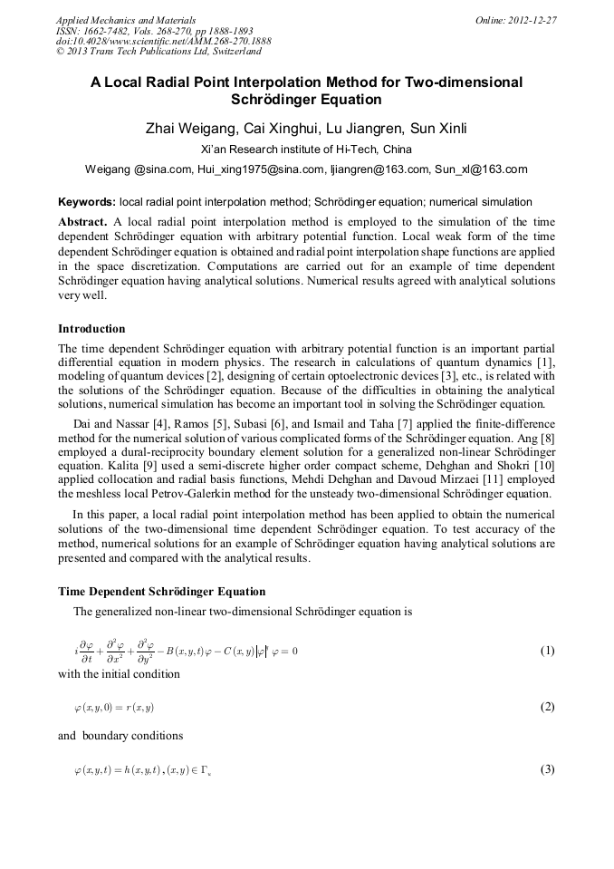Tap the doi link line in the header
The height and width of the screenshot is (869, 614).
(163, 41)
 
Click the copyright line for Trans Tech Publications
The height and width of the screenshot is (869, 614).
(158, 52)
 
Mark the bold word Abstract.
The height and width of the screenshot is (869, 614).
(82, 221)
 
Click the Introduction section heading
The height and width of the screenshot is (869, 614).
(91, 328)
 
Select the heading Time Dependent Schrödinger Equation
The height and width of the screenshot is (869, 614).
(162, 592)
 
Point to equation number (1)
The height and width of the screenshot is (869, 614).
(547, 651)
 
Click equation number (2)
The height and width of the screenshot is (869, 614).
(547, 707)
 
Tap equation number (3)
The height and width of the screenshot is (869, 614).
(547, 769)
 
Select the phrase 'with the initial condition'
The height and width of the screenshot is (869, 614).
(119, 674)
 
